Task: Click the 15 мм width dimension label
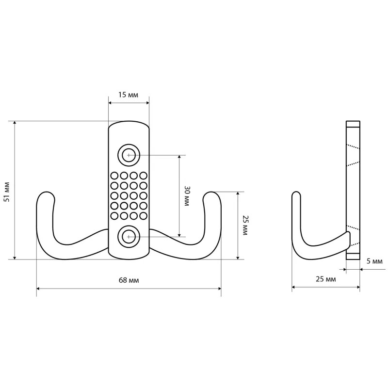coord(128,95)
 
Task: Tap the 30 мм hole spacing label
coord(186,196)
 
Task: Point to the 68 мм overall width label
coord(129,280)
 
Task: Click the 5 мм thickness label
coord(374,261)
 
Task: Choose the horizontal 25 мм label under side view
coord(325,279)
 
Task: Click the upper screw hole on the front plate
coord(129,155)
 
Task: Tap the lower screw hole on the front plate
coord(129,237)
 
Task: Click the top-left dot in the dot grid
coord(114,176)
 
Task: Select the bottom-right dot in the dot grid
coord(143,215)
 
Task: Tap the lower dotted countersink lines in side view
coord(353,235)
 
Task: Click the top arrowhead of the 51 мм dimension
coord(15,124)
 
